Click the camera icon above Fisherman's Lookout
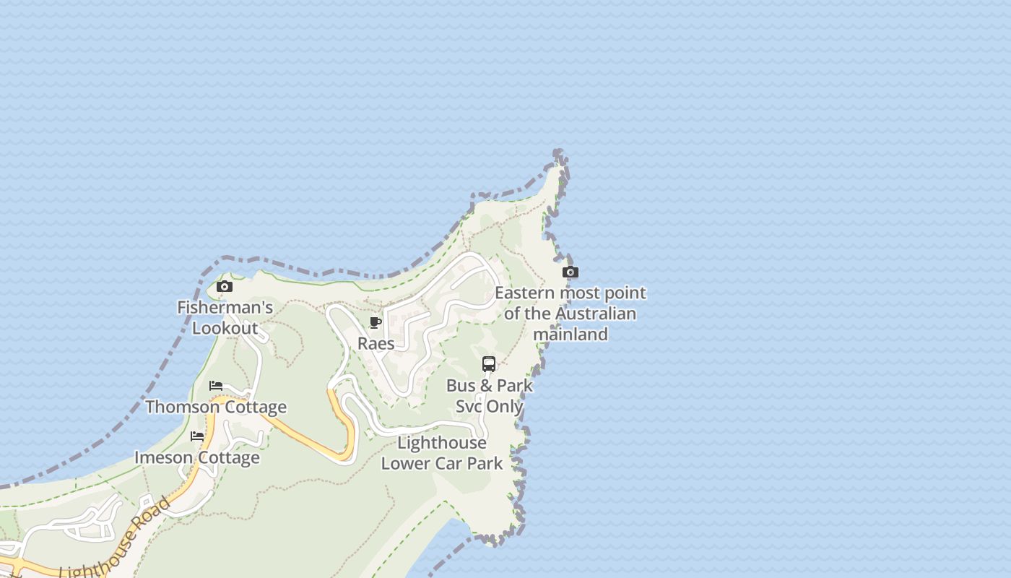pos(225,287)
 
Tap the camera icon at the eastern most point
pos(570,272)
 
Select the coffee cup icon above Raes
pos(376,322)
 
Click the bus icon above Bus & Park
pos(489,364)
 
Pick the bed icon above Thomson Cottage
pos(216,386)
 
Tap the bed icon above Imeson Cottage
pos(197,436)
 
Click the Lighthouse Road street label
pos(116,538)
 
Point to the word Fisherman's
pos(225,308)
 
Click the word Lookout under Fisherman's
pos(225,329)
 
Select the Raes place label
pos(376,343)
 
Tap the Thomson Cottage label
pos(216,407)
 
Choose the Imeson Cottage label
pos(197,457)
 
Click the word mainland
pos(570,335)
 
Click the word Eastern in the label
pos(525,293)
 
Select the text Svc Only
pos(489,406)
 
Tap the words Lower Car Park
pos(442,463)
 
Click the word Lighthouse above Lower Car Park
pos(442,442)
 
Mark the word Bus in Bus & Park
pos(460,385)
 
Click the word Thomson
pos(181,407)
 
